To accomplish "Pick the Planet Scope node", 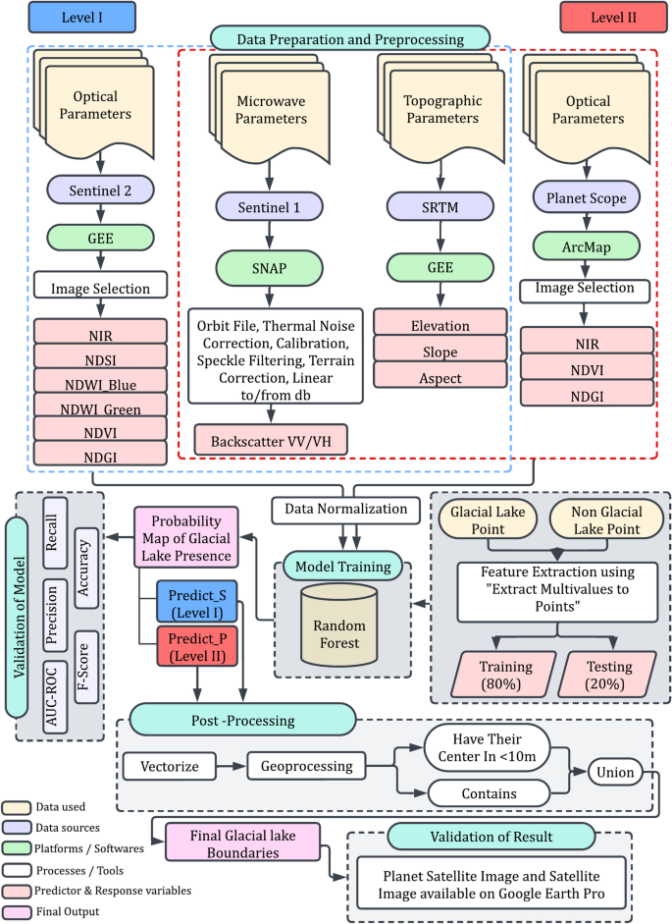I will pos(585,196).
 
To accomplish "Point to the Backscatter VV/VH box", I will pos(272,439).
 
